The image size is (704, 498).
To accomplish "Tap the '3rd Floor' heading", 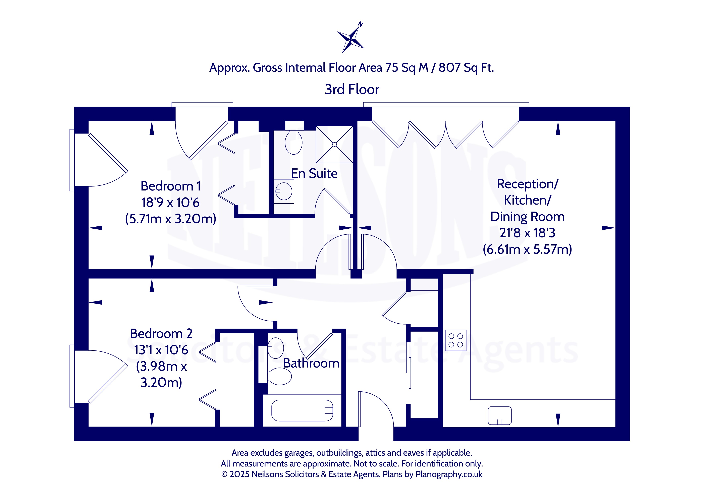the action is pos(352,90).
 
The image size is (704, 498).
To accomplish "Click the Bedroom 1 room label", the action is pos(171,186).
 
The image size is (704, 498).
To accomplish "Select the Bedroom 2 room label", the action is pos(161,334).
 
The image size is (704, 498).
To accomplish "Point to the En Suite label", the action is pos(314,174).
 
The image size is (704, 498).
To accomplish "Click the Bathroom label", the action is pos(311,363).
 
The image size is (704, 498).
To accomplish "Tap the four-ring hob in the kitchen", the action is pos(456,340).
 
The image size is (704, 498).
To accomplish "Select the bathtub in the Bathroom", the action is pos(302,411).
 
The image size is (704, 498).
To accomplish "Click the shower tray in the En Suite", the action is pos(334,145).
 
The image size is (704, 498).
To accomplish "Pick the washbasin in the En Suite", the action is pos(284,192).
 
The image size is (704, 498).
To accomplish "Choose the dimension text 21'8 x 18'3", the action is pos(527,233).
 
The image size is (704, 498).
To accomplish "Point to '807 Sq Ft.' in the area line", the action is pos(466,68).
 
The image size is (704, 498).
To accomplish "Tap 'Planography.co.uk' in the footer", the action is pos(449,474).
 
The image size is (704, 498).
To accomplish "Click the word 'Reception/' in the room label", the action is pos(527,184).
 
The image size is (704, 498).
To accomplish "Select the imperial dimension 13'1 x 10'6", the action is pos(161,350).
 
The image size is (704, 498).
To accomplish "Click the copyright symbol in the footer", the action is pos(224,474).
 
